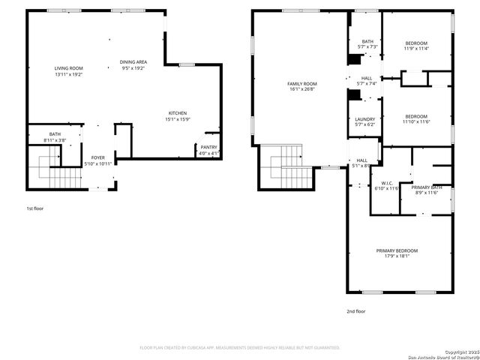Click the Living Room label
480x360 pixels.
point(68,71)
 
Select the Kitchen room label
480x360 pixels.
point(177,115)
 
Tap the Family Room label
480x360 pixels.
point(302,86)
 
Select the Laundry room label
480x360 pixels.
point(364,121)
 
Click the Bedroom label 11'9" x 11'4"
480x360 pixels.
point(416,46)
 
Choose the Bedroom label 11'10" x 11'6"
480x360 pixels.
point(416,118)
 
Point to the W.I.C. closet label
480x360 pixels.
point(387,185)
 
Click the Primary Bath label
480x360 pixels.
point(426,190)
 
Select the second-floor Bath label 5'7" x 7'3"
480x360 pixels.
point(367,44)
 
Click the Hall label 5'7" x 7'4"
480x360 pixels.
point(367,80)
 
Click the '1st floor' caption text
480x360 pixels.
point(34,208)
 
